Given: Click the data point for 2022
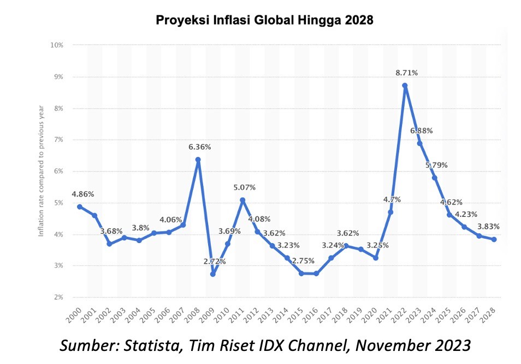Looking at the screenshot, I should (x=405, y=86).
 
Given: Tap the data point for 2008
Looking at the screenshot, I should (x=198, y=160).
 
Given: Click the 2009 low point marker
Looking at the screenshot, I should (x=212, y=274).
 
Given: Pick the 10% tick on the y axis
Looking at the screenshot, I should (x=57, y=45).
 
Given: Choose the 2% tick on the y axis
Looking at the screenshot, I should (x=58, y=298).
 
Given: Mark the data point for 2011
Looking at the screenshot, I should (x=242, y=200).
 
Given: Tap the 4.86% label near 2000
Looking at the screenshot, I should (x=82, y=193).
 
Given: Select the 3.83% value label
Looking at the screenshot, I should (x=488, y=226).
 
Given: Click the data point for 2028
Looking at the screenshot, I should (x=493, y=239).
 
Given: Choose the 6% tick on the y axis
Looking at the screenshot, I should (x=58, y=171).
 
